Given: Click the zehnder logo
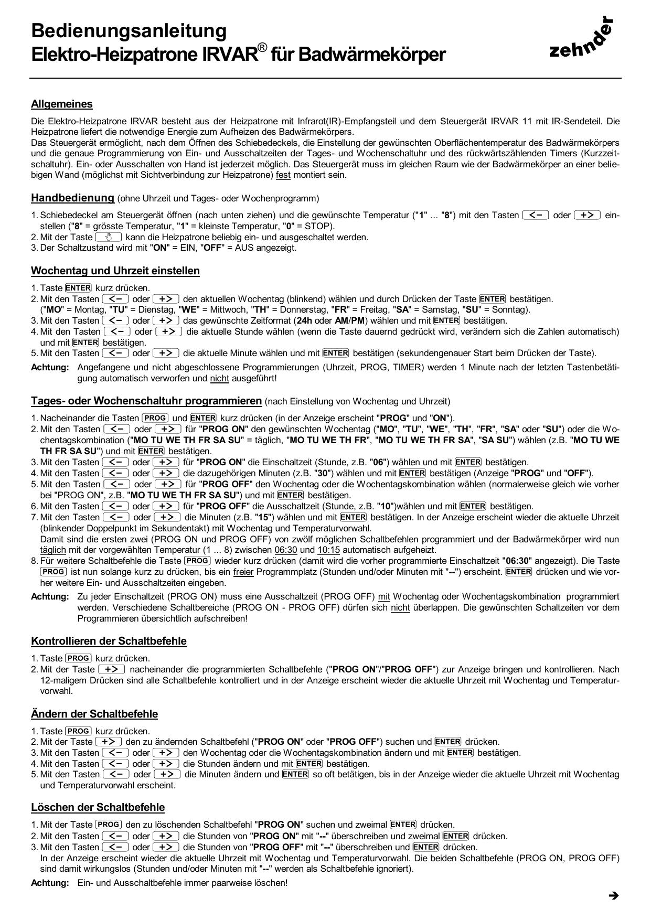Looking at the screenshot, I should [x=581, y=39].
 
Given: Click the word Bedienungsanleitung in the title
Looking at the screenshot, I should [x=129, y=30].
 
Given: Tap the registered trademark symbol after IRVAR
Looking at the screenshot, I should [x=262, y=48].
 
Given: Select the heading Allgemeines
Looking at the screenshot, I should [x=62, y=104].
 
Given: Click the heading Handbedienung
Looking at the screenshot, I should [x=72, y=198].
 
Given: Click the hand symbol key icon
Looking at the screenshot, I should [x=109, y=237].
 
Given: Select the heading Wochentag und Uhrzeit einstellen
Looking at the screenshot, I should [x=115, y=271].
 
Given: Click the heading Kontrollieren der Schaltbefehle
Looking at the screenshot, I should [x=109, y=640].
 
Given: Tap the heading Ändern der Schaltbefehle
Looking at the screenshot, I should [x=94, y=713].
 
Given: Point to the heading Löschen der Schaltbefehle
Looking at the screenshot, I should [x=98, y=807].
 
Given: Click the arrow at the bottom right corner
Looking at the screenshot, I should [x=613, y=895].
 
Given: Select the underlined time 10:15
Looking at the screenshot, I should [x=328, y=550].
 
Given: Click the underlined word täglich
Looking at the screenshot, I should [x=53, y=550].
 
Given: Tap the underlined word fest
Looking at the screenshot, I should [x=283, y=175].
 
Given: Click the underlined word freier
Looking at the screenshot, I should [x=243, y=571].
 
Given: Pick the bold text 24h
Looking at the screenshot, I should [x=305, y=320].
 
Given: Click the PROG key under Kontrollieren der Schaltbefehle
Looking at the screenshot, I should [x=78, y=658].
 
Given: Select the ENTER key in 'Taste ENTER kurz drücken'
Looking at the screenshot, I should [x=78, y=288].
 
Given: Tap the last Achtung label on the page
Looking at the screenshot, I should [x=50, y=883].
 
